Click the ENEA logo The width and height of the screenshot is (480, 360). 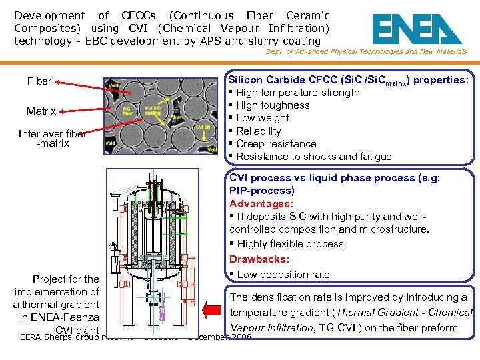pos(416,29)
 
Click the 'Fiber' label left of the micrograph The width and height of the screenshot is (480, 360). pos(39,81)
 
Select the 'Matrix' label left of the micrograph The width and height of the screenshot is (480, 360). pos(41,111)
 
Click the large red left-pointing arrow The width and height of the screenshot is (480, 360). pos(215,311)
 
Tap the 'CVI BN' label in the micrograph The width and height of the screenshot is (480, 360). pos(205,127)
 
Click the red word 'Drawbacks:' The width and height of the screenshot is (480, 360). pos(259,259)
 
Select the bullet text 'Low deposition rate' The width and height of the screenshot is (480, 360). pos(283,275)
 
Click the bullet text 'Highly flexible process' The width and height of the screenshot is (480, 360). pos(290,244)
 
